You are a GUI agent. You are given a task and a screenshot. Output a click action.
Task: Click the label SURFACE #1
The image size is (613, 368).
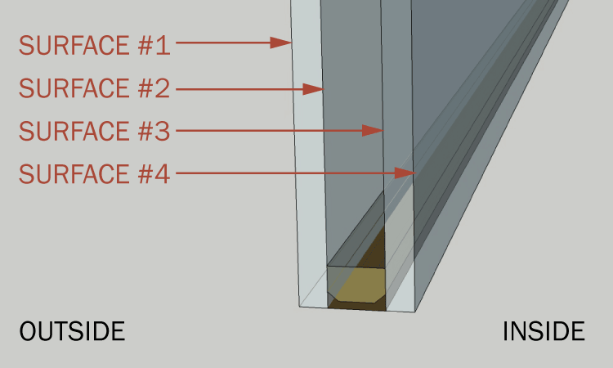pos(95,45)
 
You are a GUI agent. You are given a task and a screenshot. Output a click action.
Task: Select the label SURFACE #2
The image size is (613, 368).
pos(95,88)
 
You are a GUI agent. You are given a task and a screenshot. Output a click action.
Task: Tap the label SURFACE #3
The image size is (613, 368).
pos(95,131)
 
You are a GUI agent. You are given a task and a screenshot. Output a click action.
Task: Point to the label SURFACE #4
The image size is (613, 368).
pos(95,173)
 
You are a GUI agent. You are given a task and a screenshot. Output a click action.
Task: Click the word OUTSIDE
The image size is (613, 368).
pos(72,331)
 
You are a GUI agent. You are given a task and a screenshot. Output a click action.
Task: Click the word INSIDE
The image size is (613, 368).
pos(544,331)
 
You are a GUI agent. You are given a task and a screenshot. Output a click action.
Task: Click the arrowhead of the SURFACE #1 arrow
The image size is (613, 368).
pos(280,43)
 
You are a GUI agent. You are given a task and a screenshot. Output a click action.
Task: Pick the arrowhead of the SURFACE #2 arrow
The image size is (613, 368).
pos(313,89)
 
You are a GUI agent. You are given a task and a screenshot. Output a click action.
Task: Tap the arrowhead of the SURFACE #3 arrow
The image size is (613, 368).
pos(373,131)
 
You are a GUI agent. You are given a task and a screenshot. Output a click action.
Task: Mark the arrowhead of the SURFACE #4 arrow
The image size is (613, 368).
pos(405,173)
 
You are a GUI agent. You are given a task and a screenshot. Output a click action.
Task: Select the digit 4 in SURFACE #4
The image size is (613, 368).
pos(163,174)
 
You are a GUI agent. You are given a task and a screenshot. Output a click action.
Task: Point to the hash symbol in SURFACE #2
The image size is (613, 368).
pos(145,88)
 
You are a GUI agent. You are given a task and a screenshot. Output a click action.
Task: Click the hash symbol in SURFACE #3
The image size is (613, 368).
pos(145,131)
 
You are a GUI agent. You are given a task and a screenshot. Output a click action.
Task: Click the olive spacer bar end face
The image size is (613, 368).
pos(356,285)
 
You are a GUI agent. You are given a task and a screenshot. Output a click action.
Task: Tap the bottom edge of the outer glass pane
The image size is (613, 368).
pos(313,307)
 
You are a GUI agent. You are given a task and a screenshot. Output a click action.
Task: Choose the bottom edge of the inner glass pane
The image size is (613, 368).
pos(400,312)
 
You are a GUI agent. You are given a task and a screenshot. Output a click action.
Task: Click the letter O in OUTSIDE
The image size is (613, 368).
pos(28,331)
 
